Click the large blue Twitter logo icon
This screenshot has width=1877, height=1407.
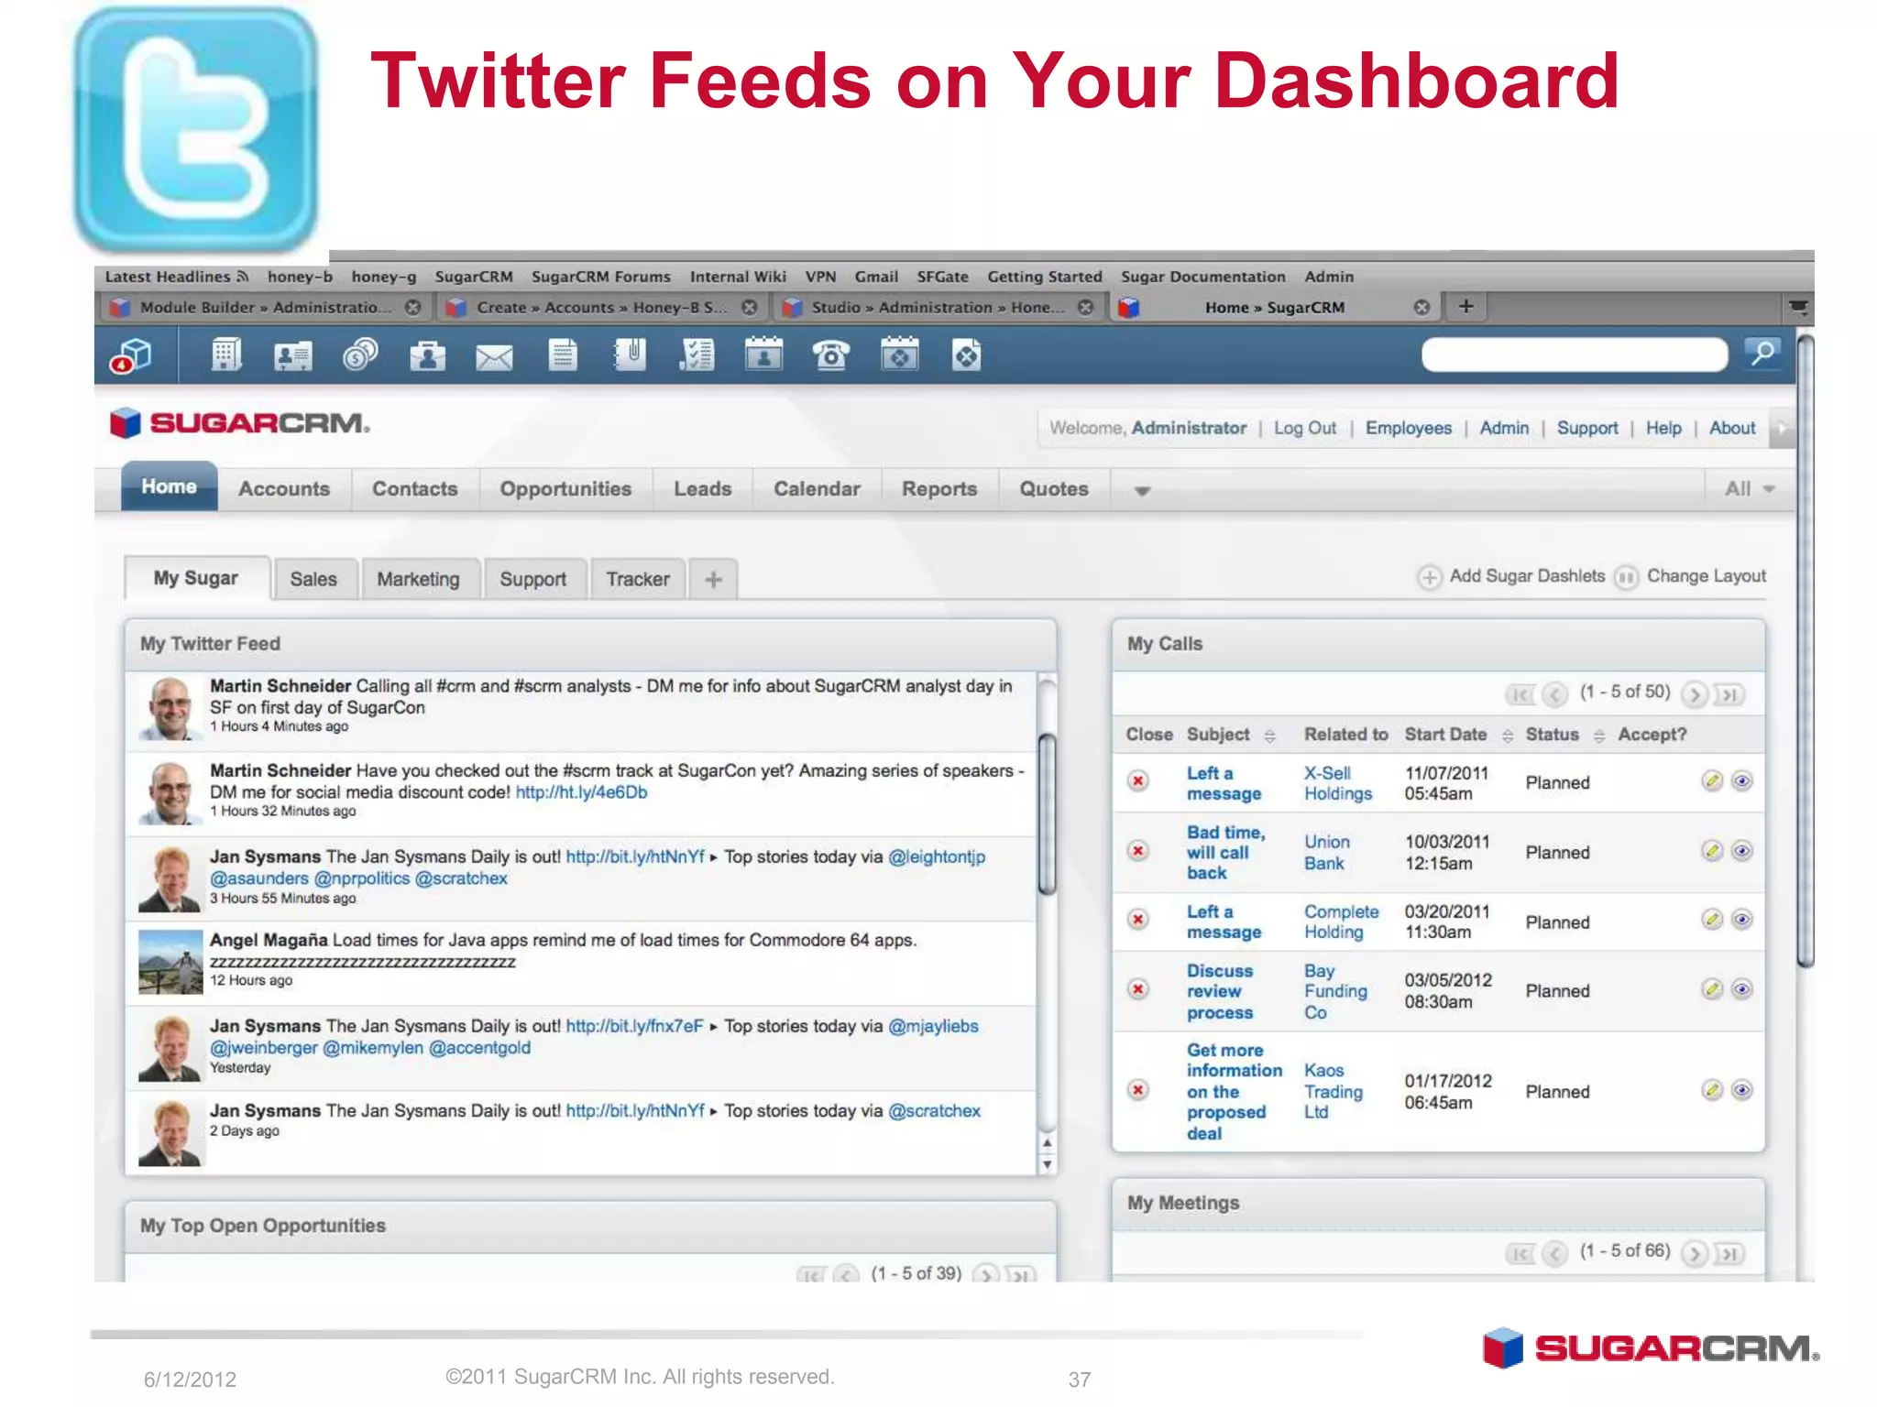click(x=196, y=130)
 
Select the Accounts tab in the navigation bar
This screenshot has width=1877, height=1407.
click(x=284, y=489)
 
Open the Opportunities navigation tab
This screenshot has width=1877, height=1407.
click(x=565, y=489)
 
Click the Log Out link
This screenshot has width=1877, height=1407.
click(x=1304, y=428)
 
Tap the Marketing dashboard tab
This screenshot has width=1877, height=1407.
click(x=418, y=579)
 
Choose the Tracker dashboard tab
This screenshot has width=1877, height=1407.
click(x=637, y=579)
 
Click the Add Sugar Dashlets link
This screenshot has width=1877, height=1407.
click(x=1526, y=576)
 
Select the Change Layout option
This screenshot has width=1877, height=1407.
click(x=1705, y=576)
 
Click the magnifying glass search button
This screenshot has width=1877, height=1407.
click(x=1762, y=354)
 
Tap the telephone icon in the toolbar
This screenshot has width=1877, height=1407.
click(x=831, y=355)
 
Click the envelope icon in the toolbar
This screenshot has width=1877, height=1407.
click(x=494, y=356)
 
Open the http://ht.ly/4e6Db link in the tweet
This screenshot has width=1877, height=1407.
click(x=581, y=792)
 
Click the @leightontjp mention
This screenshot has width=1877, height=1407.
click(x=937, y=857)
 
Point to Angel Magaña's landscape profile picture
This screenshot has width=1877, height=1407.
click(x=170, y=962)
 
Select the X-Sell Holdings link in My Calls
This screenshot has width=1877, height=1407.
click(x=1337, y=783)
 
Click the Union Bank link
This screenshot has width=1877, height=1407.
click(x=1326, y=852)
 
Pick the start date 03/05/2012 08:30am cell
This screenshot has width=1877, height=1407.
click(x=1447, y=990)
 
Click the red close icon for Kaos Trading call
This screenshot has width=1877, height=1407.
click(x=1138, y=1090)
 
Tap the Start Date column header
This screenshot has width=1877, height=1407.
click(x=1445, y=735)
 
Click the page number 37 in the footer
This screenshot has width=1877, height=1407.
click(x=1080, y=1380)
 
